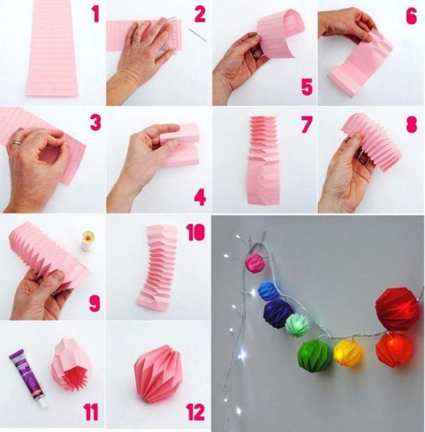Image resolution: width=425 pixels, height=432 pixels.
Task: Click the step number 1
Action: click(95, 13)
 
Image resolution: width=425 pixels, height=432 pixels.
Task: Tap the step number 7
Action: click(307, 124)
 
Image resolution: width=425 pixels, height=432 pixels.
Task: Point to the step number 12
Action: click(194, 413)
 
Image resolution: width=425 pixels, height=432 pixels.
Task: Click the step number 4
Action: click(199, 197)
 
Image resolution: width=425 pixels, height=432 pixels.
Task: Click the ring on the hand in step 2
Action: click(137, 41)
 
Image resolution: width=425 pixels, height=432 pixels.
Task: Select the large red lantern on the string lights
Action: click(397, 309)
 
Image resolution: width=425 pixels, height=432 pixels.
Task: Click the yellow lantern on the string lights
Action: click(347, 352)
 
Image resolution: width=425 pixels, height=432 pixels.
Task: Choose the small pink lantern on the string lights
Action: click(255, 263)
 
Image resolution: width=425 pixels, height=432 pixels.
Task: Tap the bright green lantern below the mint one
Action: click(314, 355)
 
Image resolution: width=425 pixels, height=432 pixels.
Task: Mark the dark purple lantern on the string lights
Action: click(278, 313)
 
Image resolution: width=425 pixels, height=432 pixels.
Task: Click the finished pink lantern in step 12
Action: click(158, 372)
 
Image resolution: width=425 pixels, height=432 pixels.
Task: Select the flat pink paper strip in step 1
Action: click(52, 48)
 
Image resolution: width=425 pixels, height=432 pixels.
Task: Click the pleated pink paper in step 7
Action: click(263, 159)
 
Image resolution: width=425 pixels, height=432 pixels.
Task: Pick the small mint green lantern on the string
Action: click(296, 325)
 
